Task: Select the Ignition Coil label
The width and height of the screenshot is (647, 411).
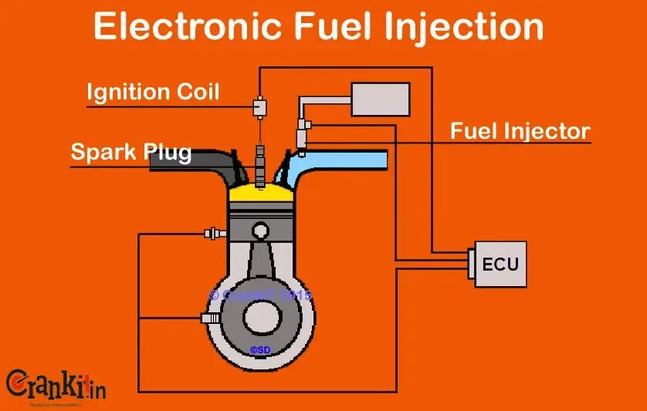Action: coord(153,93)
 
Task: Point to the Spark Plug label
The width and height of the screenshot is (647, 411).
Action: coord(131,151)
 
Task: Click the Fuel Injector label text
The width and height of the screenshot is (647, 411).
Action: coord(520,131)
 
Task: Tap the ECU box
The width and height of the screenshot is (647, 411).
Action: coord(500,264)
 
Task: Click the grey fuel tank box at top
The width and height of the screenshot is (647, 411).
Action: coord(380,99)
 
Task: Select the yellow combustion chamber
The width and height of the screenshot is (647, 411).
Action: coord(261,191)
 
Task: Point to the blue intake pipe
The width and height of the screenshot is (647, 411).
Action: coord(347,160)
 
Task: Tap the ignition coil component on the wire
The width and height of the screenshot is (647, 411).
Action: coord(260,106)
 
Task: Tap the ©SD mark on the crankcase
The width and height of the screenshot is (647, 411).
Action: coord(260,349)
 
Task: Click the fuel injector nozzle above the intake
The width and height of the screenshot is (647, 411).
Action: coord(302,140)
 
